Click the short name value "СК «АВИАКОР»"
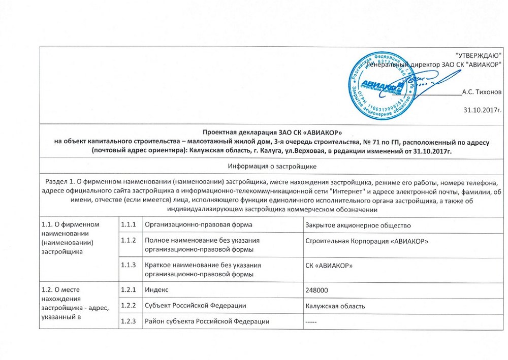click(329, 266)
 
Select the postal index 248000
click(316, 289)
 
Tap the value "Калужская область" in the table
click(335, 306)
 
